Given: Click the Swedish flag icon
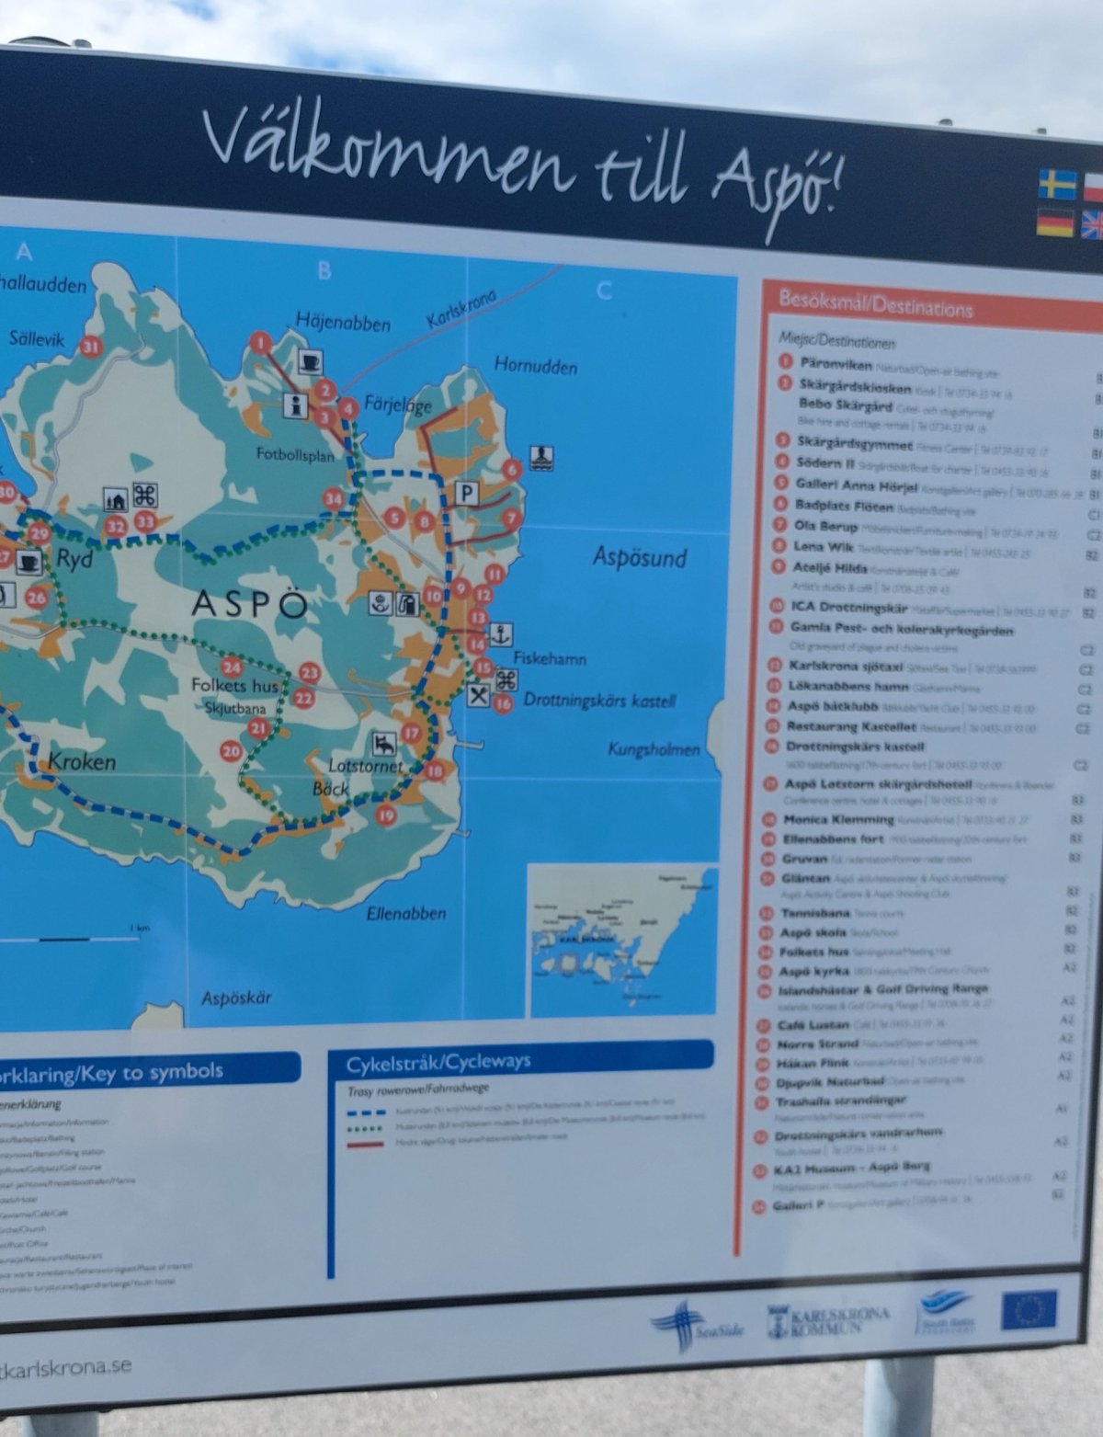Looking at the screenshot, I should [1057, 184].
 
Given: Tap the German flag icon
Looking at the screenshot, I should [1055, 223].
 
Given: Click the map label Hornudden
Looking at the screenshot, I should [536, 366].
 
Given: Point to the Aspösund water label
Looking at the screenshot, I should [640, 557].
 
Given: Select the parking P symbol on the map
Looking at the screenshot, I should [467, 494].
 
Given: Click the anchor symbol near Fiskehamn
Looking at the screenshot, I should [501, 633].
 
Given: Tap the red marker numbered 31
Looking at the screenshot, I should [90, 347].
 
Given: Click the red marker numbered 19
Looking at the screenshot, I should [386, 815].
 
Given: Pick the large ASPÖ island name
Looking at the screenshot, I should [249, 604].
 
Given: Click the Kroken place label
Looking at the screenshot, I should [82, 761].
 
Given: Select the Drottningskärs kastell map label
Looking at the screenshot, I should [599, 701].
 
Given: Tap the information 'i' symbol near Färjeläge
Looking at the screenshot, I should [296, 405].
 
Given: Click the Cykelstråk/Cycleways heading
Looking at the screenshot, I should [438, 1063].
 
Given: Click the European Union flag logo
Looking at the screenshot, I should [1029, 1310].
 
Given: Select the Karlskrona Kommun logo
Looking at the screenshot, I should [827, 1321].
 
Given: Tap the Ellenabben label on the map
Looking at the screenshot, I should [405, 913].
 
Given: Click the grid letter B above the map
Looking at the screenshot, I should [324, 271].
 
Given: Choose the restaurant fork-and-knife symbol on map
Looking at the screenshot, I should [478, 695].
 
